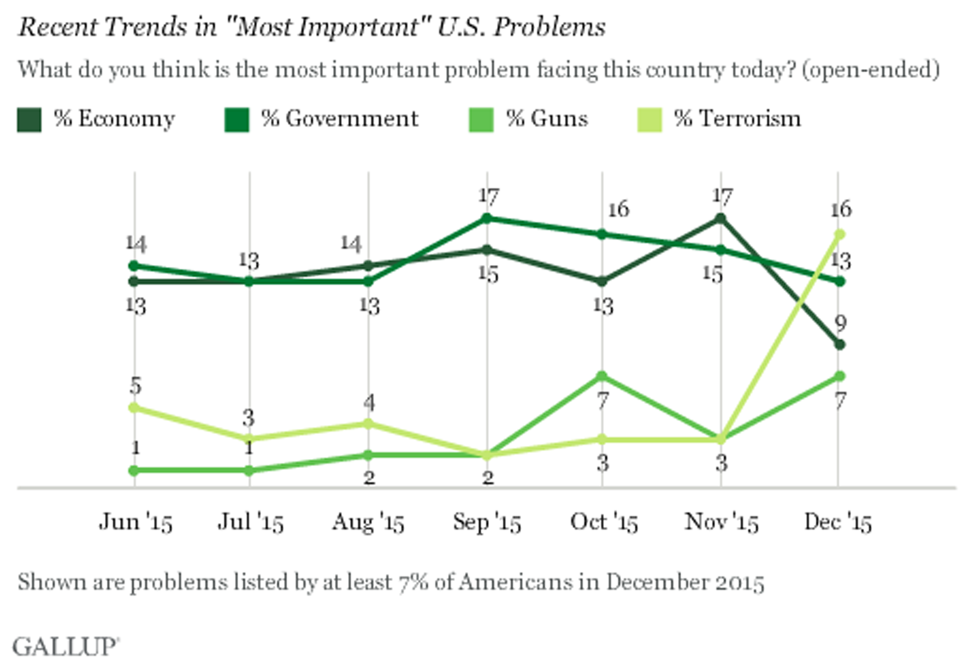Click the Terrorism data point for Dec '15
(840, 234)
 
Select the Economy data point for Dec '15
(840, 345)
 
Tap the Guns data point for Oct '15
(602, 376)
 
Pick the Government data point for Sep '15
(487, 218)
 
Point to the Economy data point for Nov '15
(721, 219)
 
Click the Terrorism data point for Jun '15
(134, 408)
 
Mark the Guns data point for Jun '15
(134, 471)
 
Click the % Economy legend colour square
(29, 120)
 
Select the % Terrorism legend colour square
(650, 120)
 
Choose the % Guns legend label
(546, 119)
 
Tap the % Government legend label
(339, 119)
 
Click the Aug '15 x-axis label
(368, 522)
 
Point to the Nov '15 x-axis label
(721, 522)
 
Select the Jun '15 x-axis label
(136, 522)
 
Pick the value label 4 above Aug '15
(369, 402)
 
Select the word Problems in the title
(549, 27)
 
